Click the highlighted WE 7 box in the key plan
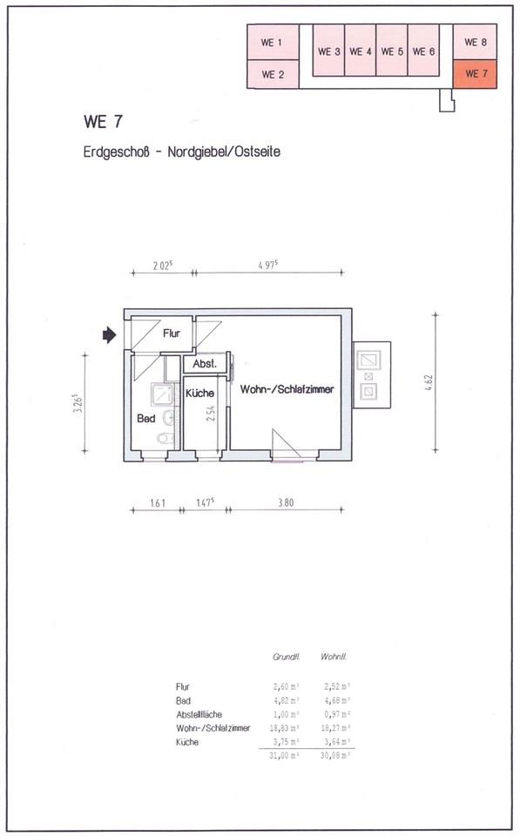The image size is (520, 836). (x=475, y=74)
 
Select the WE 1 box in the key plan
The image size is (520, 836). (x=273, y=42)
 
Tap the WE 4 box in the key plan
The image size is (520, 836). (x=361, y=51)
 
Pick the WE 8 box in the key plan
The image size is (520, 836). (x=475, y=42)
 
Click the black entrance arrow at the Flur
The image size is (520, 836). (x=109, y=334)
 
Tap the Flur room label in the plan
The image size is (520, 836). (x=171, y=333)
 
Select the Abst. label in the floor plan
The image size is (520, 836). (x=204, y=363)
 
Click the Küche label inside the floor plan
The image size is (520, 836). (x=199, y=394)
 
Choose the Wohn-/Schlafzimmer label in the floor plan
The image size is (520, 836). (x=287, y=390)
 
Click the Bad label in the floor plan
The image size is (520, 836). (x=145, y=419)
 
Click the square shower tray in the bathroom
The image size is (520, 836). (x=162, y=395)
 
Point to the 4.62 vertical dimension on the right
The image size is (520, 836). (x=428, y=383)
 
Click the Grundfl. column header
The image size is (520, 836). (x=285, y=657)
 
